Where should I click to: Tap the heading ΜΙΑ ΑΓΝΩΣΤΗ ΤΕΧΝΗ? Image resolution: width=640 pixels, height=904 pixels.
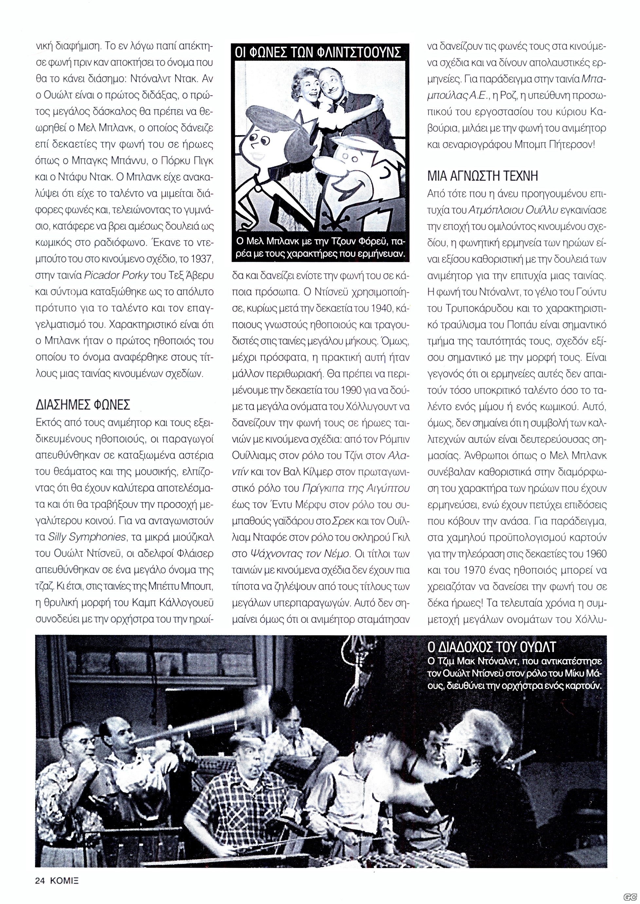point(483,176)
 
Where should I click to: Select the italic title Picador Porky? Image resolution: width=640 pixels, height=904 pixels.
point(116,276)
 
